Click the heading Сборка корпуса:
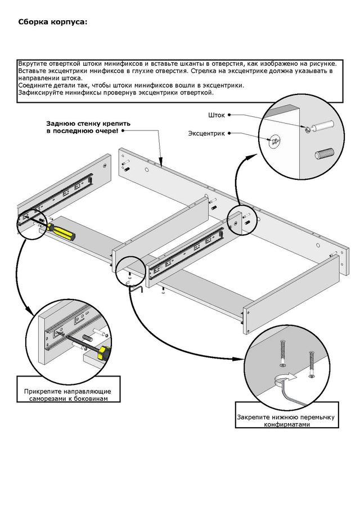[x=53, y=22]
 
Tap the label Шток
[x=216, y=115]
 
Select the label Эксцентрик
[x=206, y=133]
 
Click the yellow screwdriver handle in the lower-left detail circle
[x=103, y=352]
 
